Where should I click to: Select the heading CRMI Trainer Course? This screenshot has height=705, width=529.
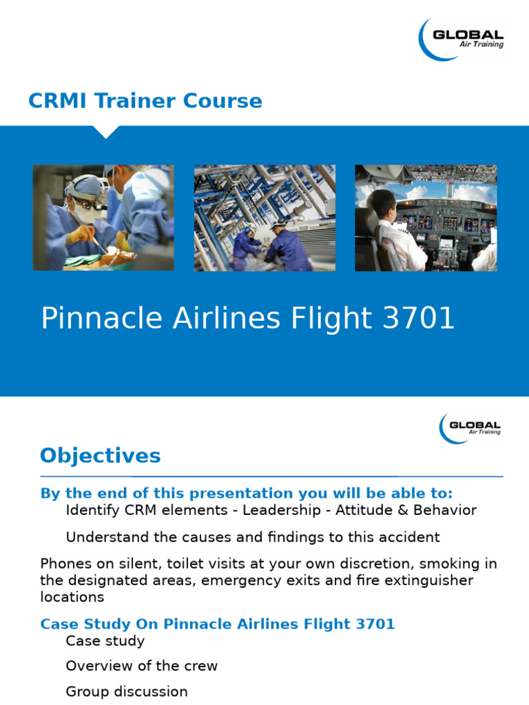point(145,101)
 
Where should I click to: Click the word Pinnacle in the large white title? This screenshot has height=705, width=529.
point(96,319)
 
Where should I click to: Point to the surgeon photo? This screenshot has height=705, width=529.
point(103,218)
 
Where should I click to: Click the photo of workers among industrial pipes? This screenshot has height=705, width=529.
point(264,218)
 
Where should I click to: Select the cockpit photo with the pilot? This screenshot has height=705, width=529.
point(425,218)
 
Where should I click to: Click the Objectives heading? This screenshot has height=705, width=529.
point(100,456)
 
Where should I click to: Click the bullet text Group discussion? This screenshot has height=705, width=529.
point(126,691)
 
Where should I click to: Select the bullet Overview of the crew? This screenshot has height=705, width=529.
point(141,666)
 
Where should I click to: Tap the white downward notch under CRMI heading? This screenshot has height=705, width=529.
point(105,131)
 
